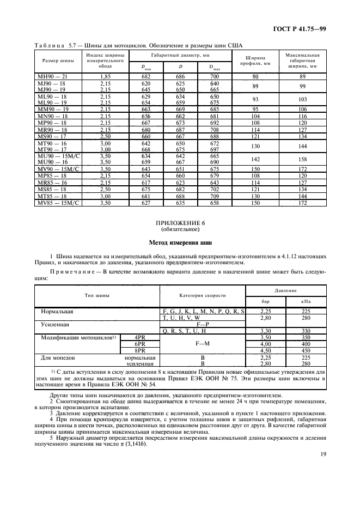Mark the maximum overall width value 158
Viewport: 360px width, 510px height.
click(x=303, y=160)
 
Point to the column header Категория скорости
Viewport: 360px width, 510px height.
click(x=203, y=295)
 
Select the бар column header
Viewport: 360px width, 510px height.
click(x=265, y=301)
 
